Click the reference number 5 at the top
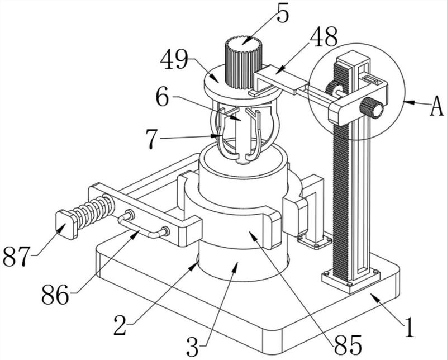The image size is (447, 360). pyautogui.click(x=283, y=13)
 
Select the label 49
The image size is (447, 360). pyautogui.click(x=174, y=60)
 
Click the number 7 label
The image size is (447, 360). pyautogui.click(x=152, y=139)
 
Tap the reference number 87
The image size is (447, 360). pyautogui.click(x=17, y=256)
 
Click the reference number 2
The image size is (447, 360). pyautogui.click(x=120, y=325)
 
